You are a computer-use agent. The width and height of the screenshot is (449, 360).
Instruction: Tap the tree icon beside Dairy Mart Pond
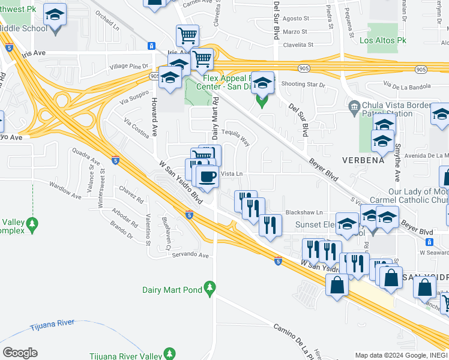click(x=210, y=290)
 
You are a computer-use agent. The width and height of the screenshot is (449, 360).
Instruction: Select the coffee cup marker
click(x=207, y=176)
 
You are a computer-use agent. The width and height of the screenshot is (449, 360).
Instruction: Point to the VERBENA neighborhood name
click(x=363, y=161)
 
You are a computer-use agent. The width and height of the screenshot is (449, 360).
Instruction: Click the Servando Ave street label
click(x=190, y=255)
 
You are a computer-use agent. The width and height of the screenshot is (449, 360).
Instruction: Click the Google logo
click(x=20, y=353)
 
